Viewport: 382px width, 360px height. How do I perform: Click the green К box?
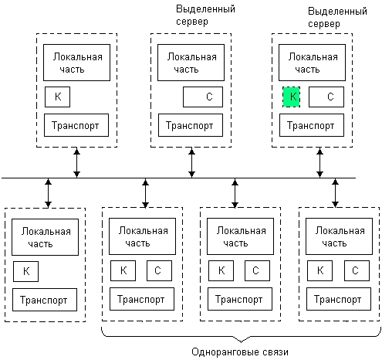coord(291,97)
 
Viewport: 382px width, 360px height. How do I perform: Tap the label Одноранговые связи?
coord(240,352)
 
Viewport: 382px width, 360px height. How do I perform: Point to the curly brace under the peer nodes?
coord(241,335)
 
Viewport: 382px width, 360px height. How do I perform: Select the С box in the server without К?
coord(203,97)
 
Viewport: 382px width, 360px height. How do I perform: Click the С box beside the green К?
coord(326,97)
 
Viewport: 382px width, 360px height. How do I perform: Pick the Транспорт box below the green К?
coord(312,125)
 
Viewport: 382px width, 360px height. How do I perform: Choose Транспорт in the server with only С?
coord(191,125)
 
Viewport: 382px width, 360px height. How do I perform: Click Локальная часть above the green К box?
coord(312,63)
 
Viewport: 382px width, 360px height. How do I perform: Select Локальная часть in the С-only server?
coord(191,63)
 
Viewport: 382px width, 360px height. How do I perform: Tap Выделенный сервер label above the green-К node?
coord(337,17)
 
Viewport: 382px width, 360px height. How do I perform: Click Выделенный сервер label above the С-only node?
coord(205,15)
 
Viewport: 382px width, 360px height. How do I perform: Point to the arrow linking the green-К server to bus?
coord(319,163)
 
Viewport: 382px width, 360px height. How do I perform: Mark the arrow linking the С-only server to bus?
coord(191,163)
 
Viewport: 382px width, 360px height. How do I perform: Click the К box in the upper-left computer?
coord(57,97)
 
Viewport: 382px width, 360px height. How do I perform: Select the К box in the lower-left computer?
coord(25,271)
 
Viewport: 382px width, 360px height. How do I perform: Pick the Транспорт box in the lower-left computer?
coord(45,300)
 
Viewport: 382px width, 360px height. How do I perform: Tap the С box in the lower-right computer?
coord(357,270)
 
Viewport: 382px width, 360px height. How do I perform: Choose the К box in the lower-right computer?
coord(319,270)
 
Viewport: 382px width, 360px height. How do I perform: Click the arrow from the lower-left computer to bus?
coord(48,193)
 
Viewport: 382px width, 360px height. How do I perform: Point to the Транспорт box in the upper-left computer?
coord(76,125)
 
